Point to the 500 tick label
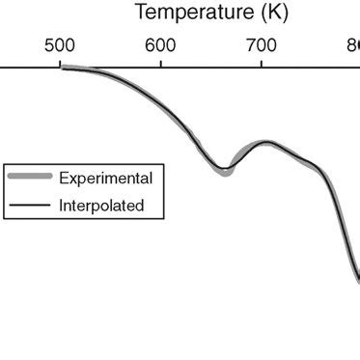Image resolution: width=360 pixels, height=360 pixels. [60, 46]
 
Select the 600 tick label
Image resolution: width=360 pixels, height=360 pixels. [160, 46]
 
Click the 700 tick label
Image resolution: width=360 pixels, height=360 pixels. [262, 46]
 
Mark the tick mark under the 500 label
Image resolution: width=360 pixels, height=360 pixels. [60, 63]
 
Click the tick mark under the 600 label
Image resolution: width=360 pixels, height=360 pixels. [160, 63]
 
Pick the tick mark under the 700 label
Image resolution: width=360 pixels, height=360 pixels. [262, 63]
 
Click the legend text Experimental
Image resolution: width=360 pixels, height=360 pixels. [105, 178]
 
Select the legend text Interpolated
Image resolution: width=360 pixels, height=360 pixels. [101, 205]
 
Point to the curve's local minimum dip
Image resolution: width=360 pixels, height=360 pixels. [225, 171]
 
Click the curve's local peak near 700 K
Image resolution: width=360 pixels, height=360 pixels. [269, 143]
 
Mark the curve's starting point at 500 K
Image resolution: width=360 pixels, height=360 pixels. [61, 68]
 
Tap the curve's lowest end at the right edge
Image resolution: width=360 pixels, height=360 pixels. [358, 281]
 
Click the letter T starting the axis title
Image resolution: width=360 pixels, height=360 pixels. [140, 14]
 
